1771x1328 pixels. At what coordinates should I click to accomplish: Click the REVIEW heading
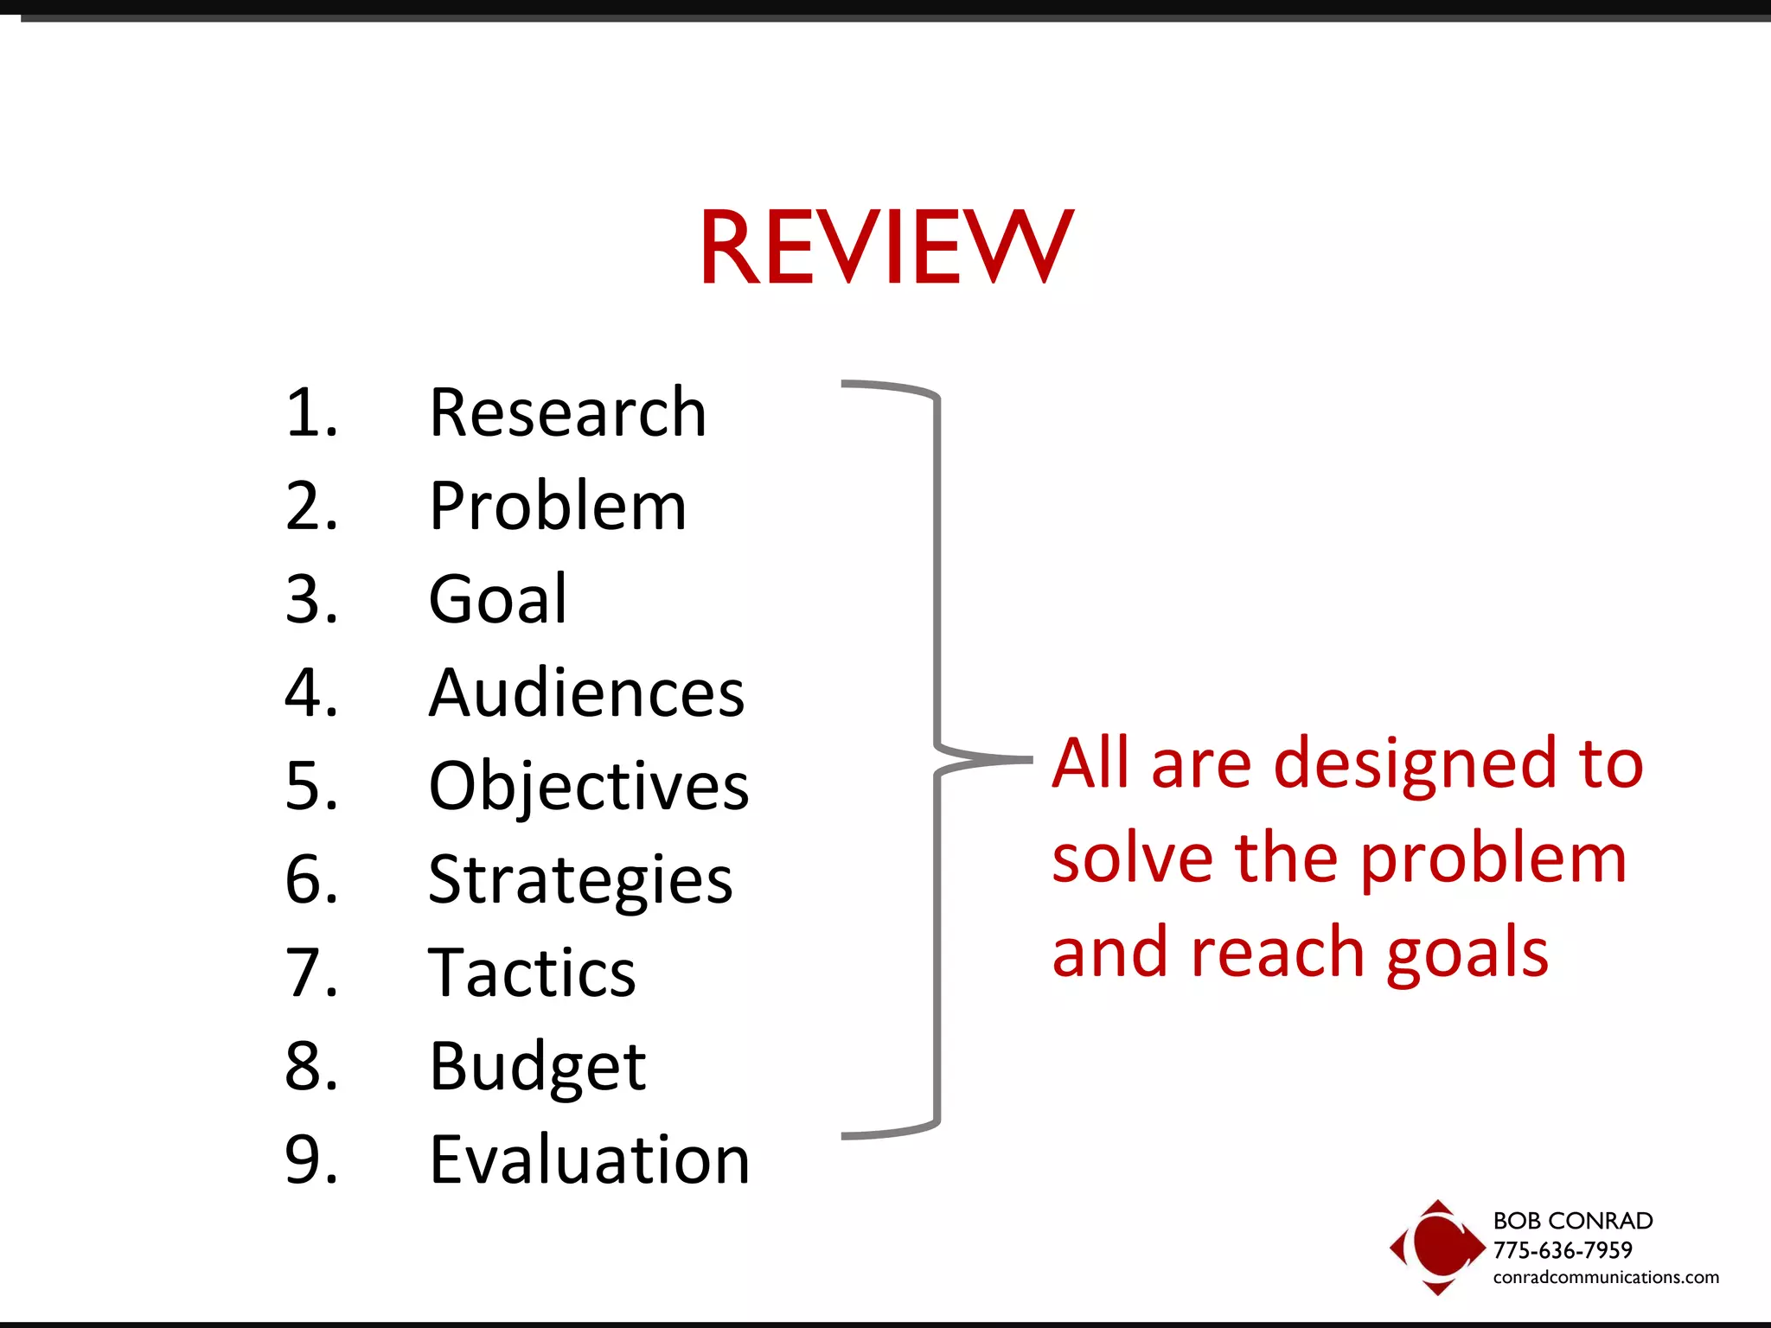[885, 247]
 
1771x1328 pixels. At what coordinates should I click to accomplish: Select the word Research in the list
[568, 413]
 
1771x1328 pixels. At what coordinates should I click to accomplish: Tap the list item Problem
[558, 507]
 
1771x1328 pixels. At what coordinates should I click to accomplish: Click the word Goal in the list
[498, 599]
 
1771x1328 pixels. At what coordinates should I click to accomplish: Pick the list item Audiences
[586, 693]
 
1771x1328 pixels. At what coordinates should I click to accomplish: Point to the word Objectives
[588, 787]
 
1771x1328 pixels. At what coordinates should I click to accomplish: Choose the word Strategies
[580, 880]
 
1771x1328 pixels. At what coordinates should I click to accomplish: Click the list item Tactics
[532, 974]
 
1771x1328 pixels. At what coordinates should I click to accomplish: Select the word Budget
[537, 1067]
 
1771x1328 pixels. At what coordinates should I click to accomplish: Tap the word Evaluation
[589, 1160]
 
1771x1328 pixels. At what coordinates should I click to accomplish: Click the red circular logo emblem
[1437, 1246]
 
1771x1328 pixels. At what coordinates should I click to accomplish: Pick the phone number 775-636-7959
[1563, 1250]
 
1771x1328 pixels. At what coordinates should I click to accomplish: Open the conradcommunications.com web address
[1606, 1278]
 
